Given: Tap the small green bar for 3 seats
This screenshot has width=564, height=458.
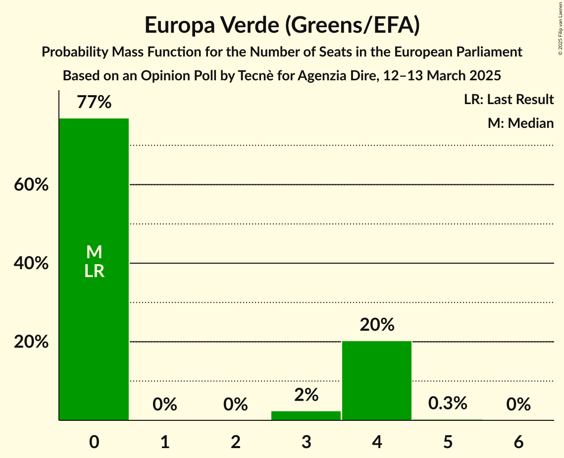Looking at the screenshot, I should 306,416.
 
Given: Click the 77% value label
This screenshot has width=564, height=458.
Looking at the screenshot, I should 94,103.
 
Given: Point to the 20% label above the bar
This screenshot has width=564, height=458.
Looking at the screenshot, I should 377,325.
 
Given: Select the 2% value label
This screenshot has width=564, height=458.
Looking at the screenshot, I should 306,395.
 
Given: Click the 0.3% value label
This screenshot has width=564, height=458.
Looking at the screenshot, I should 448,403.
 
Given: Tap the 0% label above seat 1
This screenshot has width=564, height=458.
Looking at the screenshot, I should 165,404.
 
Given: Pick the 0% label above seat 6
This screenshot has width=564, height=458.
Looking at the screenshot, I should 518,404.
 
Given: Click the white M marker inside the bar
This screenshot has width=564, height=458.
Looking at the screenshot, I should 94,252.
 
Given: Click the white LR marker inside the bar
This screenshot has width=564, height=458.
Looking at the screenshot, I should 94,271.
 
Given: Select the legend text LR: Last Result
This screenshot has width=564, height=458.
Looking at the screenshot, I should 509,100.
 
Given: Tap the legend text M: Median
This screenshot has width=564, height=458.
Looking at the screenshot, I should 520,123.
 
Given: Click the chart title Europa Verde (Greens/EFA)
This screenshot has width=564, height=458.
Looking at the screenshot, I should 282,25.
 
